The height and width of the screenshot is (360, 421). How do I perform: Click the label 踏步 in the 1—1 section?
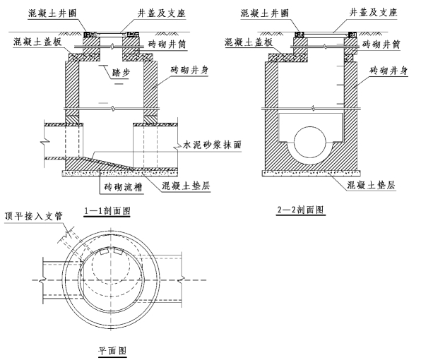tap(121, 73)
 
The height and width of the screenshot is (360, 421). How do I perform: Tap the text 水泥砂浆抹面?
tap(212, 145)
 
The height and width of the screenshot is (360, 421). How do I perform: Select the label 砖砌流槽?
tap(123, 187)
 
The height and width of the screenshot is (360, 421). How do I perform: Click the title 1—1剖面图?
tap(107, 211)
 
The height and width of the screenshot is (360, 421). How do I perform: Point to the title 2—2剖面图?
tap(300, 210)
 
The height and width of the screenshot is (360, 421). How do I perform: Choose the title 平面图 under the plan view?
tap(112, 351)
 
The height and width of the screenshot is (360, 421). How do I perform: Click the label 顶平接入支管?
tap(34, 216)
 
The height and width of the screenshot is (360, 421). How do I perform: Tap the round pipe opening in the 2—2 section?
tap(310, 142)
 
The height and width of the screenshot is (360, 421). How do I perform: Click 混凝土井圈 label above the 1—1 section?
tap(52, 13)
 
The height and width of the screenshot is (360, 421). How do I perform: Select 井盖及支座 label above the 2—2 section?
tap(373, 12)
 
